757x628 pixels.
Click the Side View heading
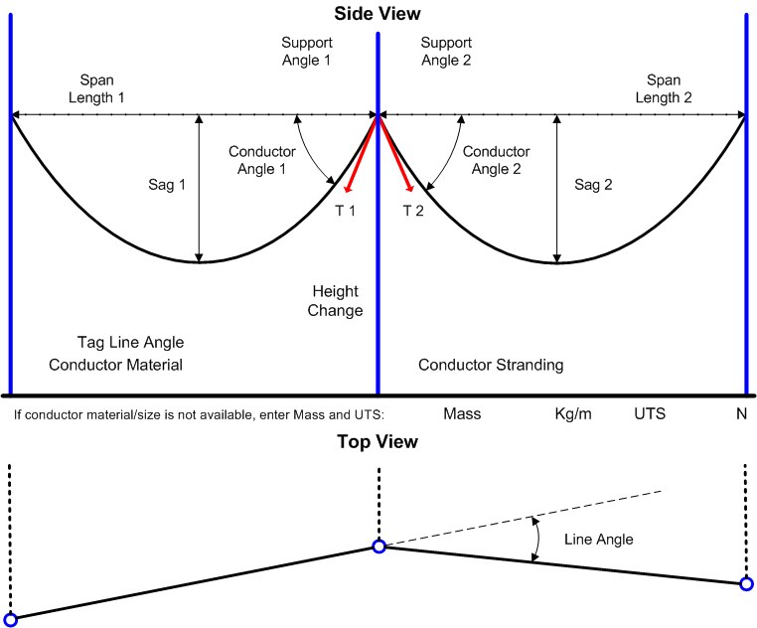(377, 14)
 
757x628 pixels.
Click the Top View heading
(377, 442)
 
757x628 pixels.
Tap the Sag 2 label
(594, 185)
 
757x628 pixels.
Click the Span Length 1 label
(96, 88)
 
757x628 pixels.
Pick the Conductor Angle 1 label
(262, 161)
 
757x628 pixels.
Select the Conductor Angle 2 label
(497, 161)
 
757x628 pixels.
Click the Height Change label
(336, 301)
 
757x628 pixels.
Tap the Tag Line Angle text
(130, 343)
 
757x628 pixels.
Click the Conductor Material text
(116, 365)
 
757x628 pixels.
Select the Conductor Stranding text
(491, 365)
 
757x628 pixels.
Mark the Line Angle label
(598, 540)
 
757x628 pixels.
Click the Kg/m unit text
(573, 413)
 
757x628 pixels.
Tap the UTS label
(651, 413)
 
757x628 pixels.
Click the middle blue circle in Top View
(378, 547)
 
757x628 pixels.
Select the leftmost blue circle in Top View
(11, 619)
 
